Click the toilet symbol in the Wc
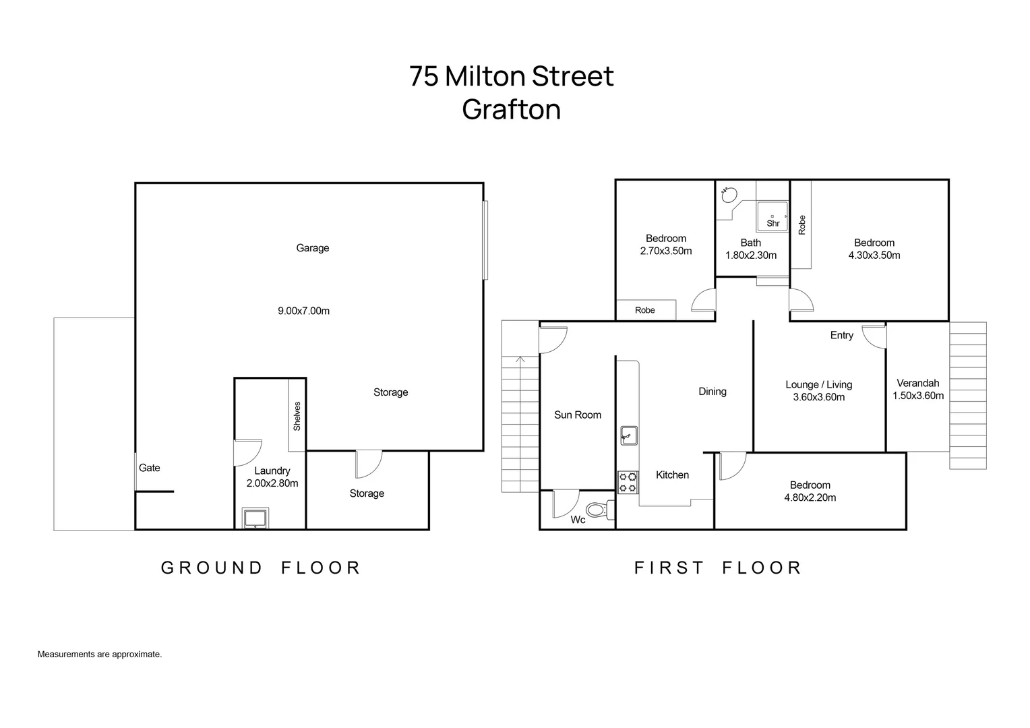click(x=600, y=510)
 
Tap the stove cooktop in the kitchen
click(x=628, y=483)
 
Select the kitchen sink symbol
click(x=628, y=435)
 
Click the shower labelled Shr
click(x=772, y=216)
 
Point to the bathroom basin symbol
click(x=729, y=195)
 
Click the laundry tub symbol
click(x=255, y=518)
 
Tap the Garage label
click(x=313, y=248)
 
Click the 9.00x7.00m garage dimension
click(x=303, y=311)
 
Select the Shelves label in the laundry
click(x=297, y=416)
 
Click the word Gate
click(x=150, y=468)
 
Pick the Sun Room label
click(x=578, y=415)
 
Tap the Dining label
click(x=713, y=392)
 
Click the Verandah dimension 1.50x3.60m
click(x=918, y=396)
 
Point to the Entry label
click(x=842, y=335)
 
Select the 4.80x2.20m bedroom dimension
click(x=810, y=497)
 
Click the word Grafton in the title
click(x=512, y=109)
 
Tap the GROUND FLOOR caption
click(x=261, y=568)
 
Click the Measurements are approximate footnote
click(x=100, y=654)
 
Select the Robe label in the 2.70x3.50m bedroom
click(x=644, y=310)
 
